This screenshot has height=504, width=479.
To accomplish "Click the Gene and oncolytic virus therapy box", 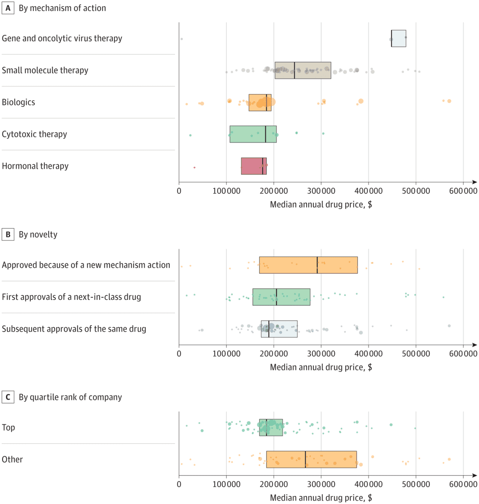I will [398, 38].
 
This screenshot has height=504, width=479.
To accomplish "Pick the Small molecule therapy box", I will [302, 70].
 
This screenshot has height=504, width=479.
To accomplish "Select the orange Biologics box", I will [260, 102].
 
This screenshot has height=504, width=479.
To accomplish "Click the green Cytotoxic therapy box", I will [253, 134].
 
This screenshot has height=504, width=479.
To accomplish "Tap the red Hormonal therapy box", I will [254, 166].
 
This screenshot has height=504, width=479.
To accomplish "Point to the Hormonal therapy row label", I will [35, 166].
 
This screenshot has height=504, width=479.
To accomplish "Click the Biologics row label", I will [18, 102].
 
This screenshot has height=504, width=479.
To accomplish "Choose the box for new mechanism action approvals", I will [308, 265].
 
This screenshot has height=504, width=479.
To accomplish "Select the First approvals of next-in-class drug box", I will [281, 297].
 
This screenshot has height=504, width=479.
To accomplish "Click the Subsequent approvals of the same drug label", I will [74, 329].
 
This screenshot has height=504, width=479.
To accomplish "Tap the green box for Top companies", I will [271, 427].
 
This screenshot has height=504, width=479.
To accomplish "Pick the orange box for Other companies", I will [311, 459].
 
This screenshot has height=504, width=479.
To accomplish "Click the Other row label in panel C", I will [12, 459].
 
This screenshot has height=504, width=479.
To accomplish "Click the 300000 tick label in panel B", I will [321, 355].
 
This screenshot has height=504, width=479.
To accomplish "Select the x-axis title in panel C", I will [321, 498].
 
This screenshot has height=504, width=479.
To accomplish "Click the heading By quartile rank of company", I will [70, 397].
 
